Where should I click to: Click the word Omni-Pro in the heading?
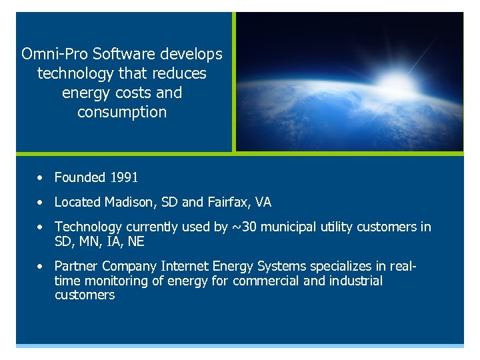click(50, 53)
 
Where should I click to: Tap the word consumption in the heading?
click(122, 112)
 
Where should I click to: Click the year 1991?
click(124, 177)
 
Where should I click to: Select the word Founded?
click(80, 177)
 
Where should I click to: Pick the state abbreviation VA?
click(263, 202)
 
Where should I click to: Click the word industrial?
click(356, 281)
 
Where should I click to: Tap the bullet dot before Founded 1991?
click(41, 178)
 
